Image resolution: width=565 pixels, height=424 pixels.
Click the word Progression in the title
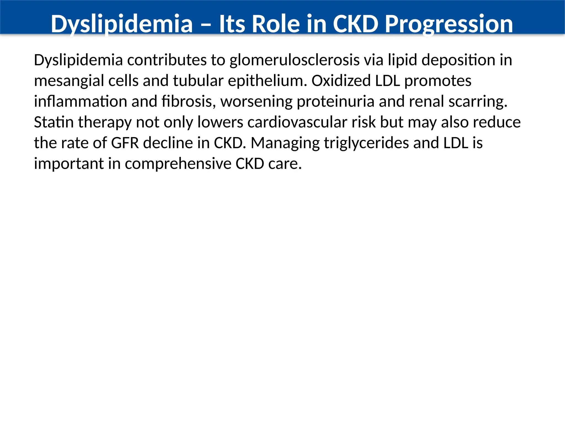pos(449,24)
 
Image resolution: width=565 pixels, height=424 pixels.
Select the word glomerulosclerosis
pos(295,60)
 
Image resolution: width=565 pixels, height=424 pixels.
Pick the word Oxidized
pos(341,81)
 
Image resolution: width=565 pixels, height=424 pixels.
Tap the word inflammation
pos(80,102)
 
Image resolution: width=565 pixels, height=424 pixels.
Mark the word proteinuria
pos(335,102)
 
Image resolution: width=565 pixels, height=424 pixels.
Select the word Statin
pos(54,122)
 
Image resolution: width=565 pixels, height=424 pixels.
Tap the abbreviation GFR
pos(125,143)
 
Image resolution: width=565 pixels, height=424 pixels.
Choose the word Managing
pos(285,143)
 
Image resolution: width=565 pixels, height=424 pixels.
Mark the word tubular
pos(198,81)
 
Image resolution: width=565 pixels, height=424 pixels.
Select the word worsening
pos(256,102)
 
